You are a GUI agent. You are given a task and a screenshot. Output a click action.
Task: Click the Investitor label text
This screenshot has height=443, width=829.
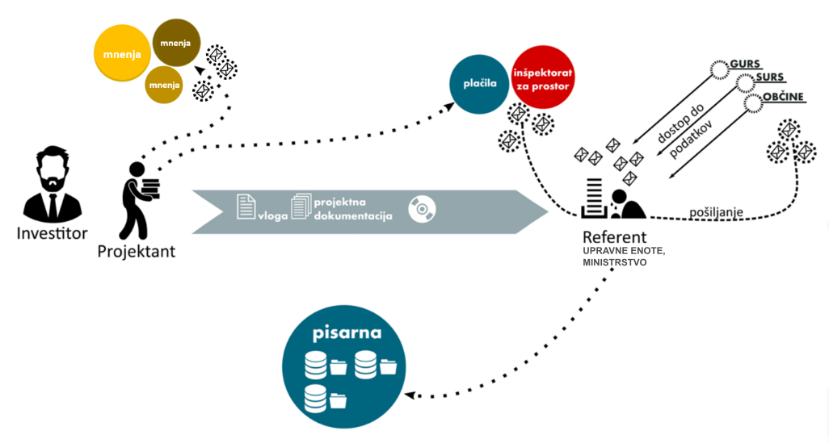(x=53, y=234)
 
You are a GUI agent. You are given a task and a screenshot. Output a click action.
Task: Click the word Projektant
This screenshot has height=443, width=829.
(x=136, y=251)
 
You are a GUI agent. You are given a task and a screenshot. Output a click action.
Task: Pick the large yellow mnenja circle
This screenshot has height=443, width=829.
(x=123, y=55)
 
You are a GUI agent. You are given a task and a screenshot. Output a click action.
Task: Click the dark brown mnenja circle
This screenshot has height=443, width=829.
(x=175, y=42)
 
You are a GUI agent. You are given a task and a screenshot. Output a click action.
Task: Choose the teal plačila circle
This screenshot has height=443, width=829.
(x=479, y=83)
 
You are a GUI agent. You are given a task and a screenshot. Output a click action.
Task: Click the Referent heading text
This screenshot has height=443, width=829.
(x=615, y=238)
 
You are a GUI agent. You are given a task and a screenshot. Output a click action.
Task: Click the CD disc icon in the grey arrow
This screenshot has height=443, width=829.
(x=423, y=209)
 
